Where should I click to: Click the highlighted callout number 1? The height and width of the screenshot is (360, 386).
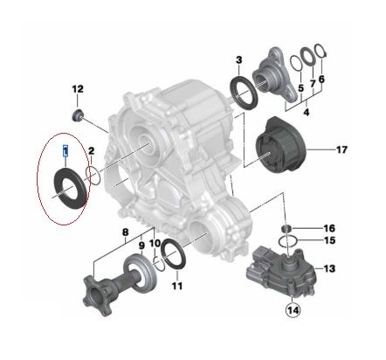[x=65, y=151]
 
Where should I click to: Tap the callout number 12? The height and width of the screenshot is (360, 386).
[x=78, y=89]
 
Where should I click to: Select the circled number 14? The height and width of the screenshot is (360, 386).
[x=293, y=310]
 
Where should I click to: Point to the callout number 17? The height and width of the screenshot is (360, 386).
[x=342, y=149]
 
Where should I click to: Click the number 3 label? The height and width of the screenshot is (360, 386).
[x=238, y=60]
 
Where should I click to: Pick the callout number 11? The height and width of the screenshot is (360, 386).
[x=177, y=286]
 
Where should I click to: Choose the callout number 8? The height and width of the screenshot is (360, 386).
[x=125, y=232]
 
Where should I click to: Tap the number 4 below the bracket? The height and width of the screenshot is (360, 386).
[x=307, y=112]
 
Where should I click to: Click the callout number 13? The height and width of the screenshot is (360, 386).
[x=329, y=268]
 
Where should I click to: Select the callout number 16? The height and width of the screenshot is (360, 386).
[x=329, y=228]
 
